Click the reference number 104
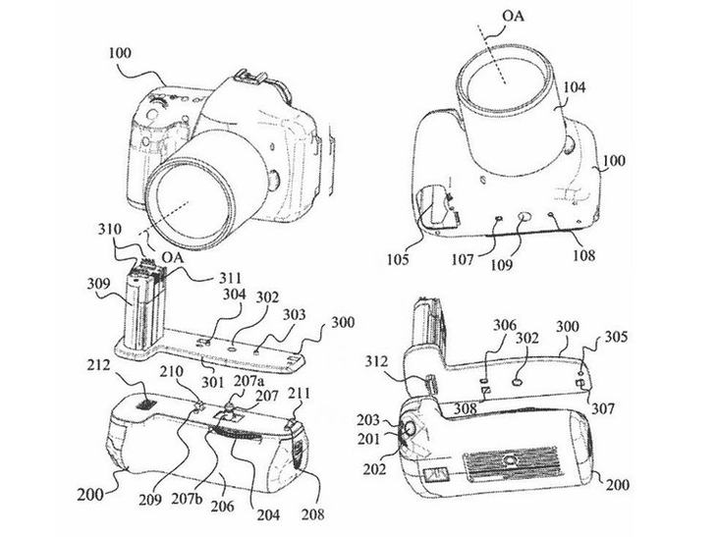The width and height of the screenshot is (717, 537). click(x=574, y=86)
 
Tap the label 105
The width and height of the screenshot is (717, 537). click(x=398, y=259)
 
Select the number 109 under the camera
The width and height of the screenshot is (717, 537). click(x=502, y=265)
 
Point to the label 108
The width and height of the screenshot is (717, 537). click(x=584, y=254)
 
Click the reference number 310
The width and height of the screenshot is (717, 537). click(x=110, y=229)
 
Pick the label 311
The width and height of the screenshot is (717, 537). click(x=230, y=277)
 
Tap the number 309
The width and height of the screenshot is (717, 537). click(x=98, y=285)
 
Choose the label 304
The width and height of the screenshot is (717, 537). click(x=235, y=295)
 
